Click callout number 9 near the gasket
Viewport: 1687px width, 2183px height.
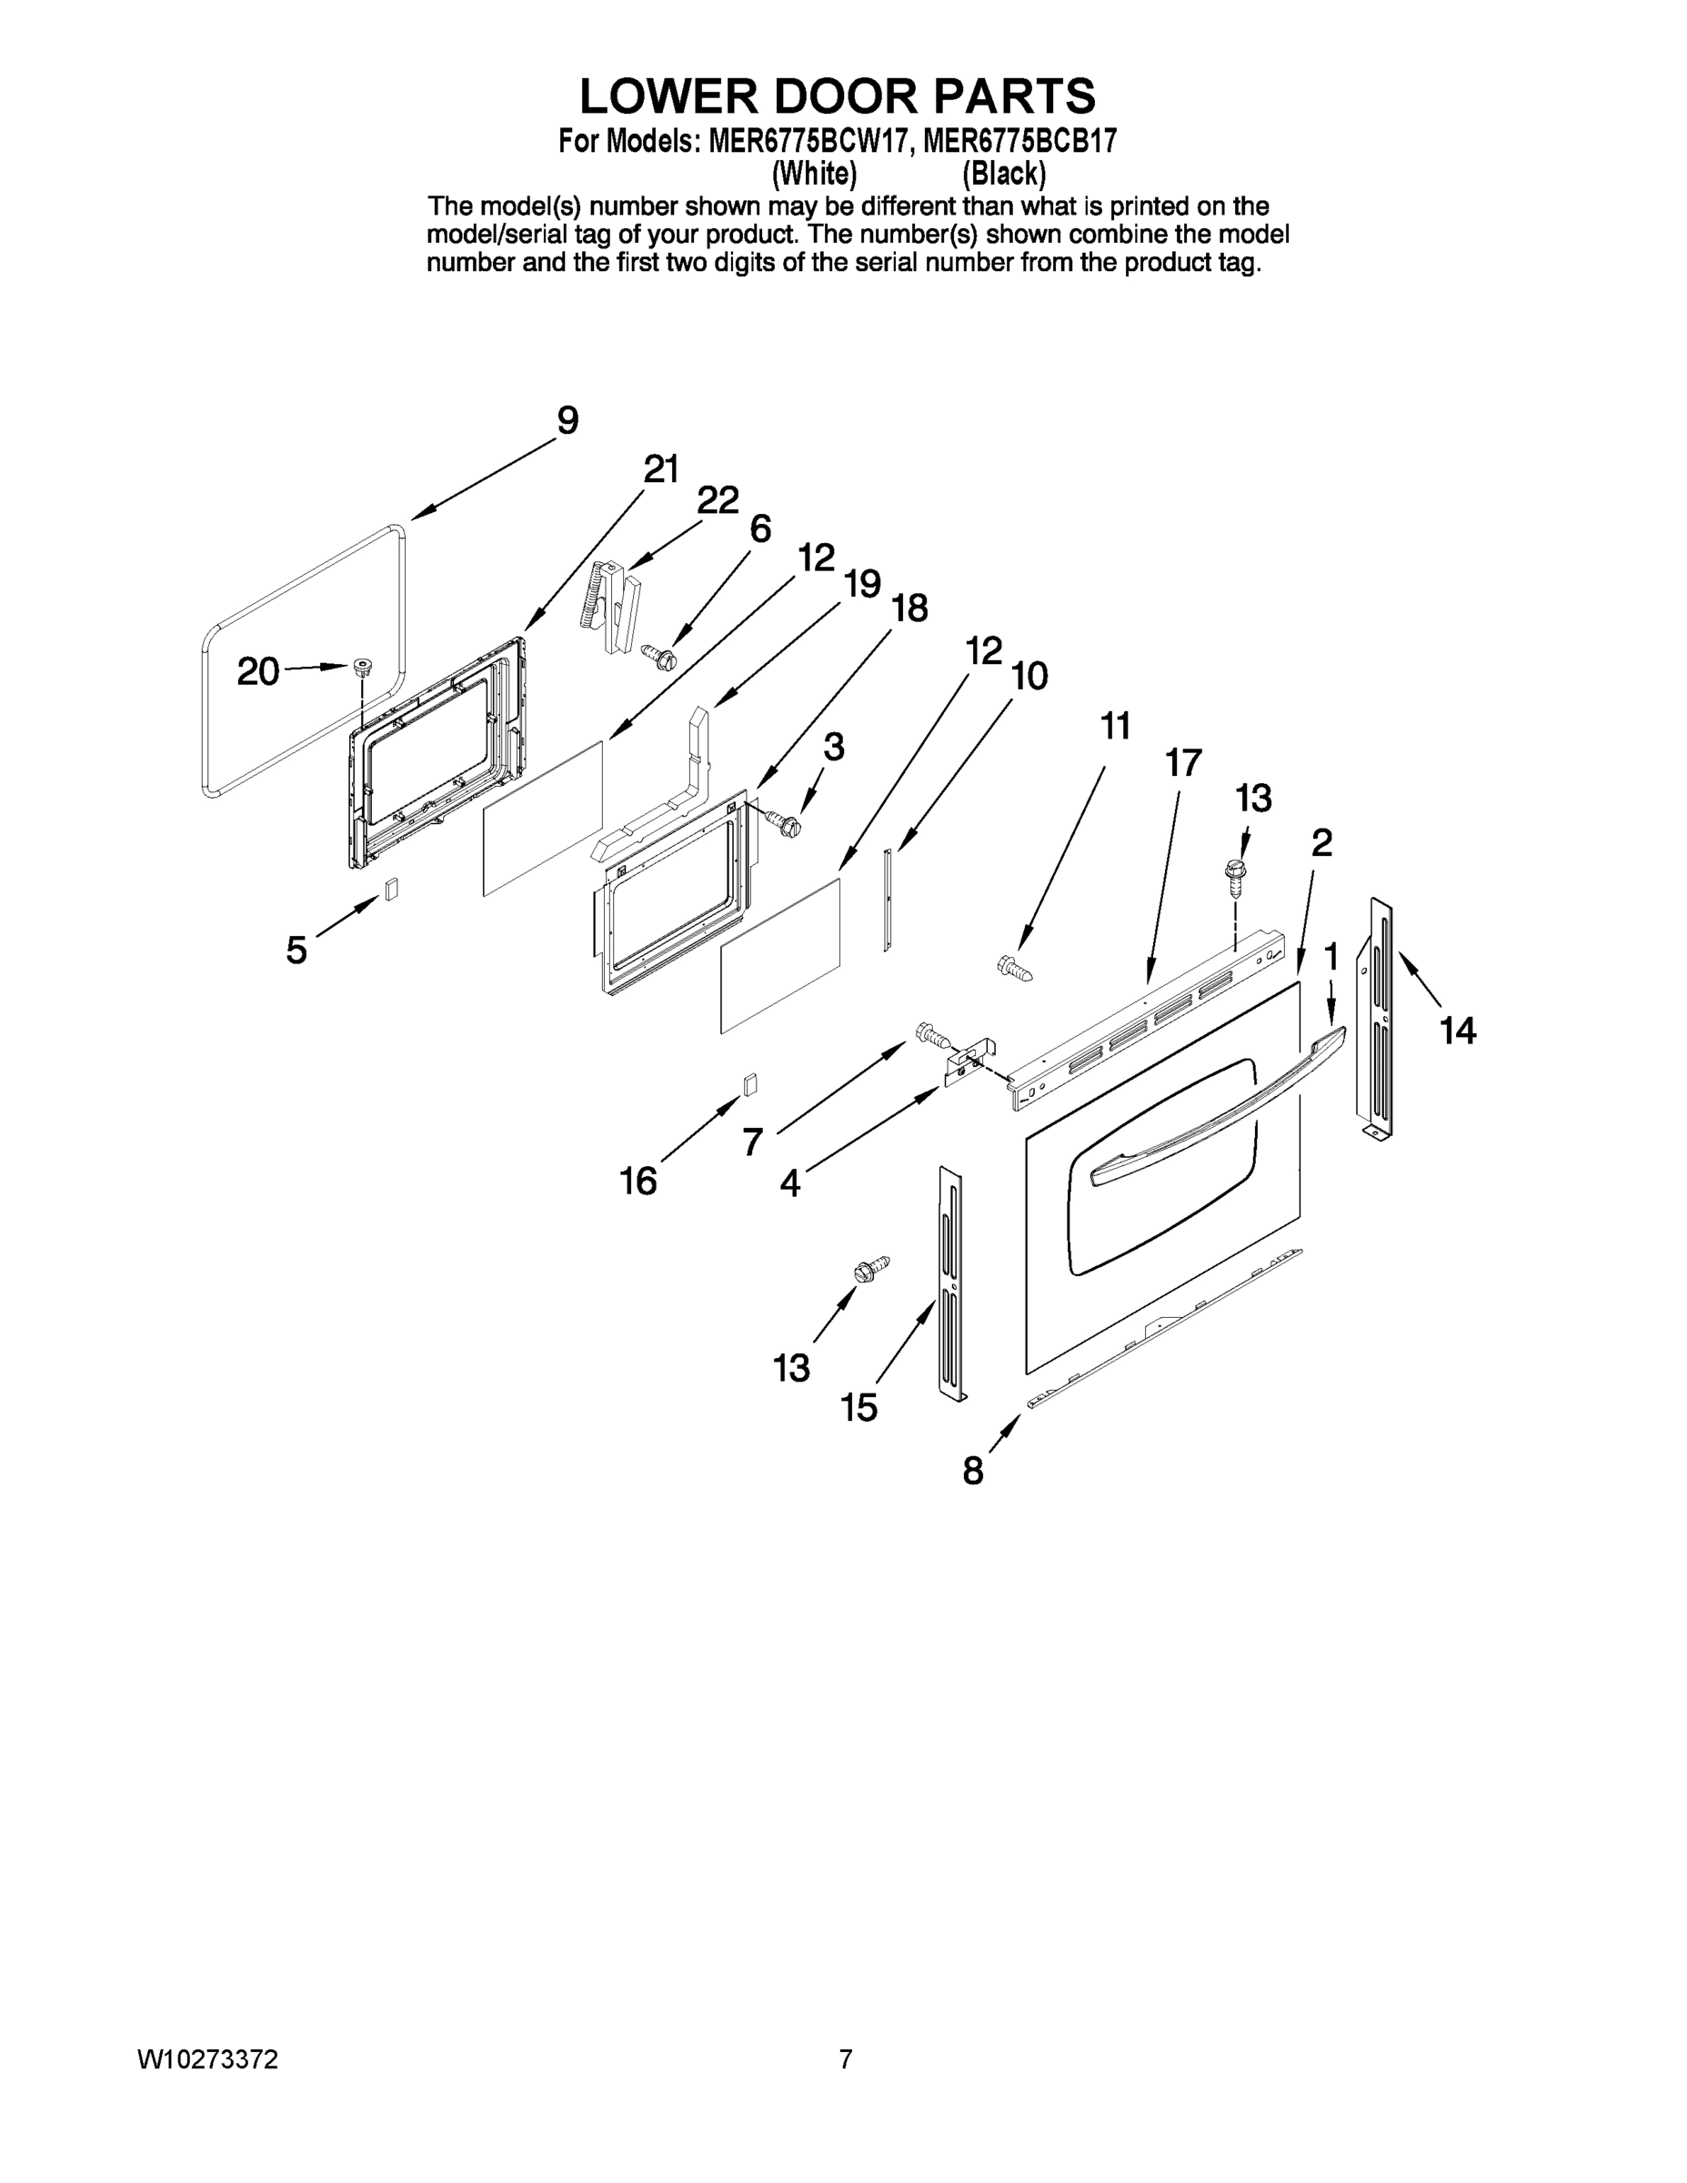[567, 420]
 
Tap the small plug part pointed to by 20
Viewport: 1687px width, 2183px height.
[360, 667]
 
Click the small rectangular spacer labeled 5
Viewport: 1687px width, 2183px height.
[392, 889]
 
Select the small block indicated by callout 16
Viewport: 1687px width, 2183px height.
[749, 1083]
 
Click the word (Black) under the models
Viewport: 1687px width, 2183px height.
[1003, 174]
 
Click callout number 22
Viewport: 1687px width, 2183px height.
[717, 499]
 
